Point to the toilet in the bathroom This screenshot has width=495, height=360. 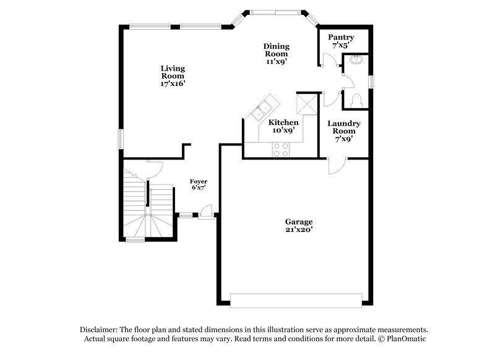tap(356, 100)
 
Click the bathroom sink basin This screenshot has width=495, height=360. tap(357, 61)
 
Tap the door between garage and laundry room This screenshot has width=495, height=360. tap(337, 165)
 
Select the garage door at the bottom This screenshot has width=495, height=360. tap(296, 300)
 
